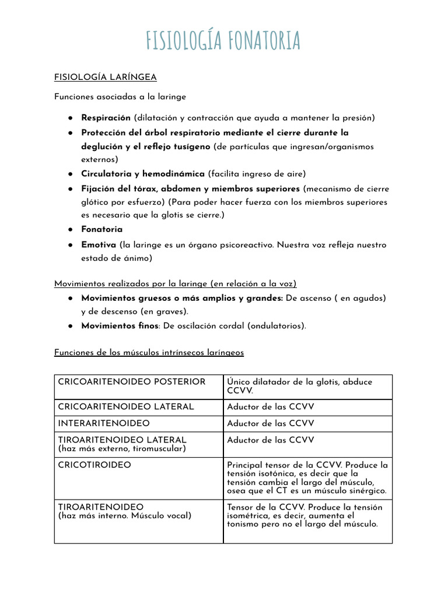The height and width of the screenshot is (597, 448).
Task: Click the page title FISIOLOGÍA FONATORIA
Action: pyautogui.click(x=223, y=40)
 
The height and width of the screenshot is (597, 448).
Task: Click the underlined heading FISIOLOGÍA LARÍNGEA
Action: pyautogui.click(x=105, y=77)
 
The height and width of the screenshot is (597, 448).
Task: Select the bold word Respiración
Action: pyautogui.click(x=106, y=118)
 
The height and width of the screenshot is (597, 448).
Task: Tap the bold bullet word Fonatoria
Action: pyautogui.click(x=101, y=229)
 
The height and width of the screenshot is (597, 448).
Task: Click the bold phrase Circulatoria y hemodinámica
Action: pyautogui.click(x=142, y=174)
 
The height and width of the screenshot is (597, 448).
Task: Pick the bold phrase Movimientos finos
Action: pyautogui.click(x=120, y=326)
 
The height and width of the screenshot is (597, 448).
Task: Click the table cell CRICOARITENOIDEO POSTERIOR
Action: pyautogui.click(x=132, y=382)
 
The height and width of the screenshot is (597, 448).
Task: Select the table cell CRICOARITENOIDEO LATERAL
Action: pyautogui.click(x=126, y=407)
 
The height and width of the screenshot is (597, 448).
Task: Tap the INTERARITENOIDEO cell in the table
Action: pyautogui.click(x=104, y=423)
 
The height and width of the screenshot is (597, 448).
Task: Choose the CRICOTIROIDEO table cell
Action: pyautogui.click(x=94, y=465)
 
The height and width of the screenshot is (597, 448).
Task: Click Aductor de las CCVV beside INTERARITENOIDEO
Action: pyautogui.click(x=270, y=423)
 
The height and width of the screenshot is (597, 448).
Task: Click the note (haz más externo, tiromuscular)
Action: pyautogui.click(x=122, y=448)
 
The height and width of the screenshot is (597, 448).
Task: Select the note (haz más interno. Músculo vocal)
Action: pyautogui.click(x=124, y=516)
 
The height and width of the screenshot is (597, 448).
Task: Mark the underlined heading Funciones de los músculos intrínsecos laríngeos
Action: pyautogui.click(x=149, y=353)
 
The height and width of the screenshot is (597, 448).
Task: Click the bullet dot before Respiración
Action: pyautogui.click(x=69, y=118)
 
